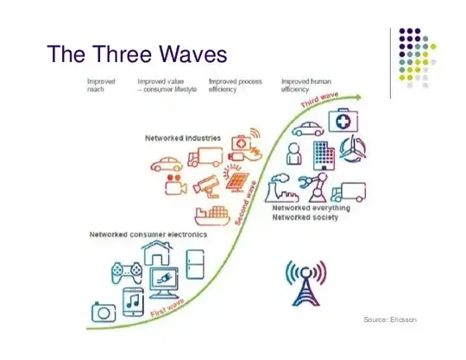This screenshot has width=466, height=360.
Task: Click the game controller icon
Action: coord(126,273)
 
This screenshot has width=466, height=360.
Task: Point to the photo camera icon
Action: coord(103,311)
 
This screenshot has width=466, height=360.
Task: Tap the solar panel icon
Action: coord(234,180)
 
